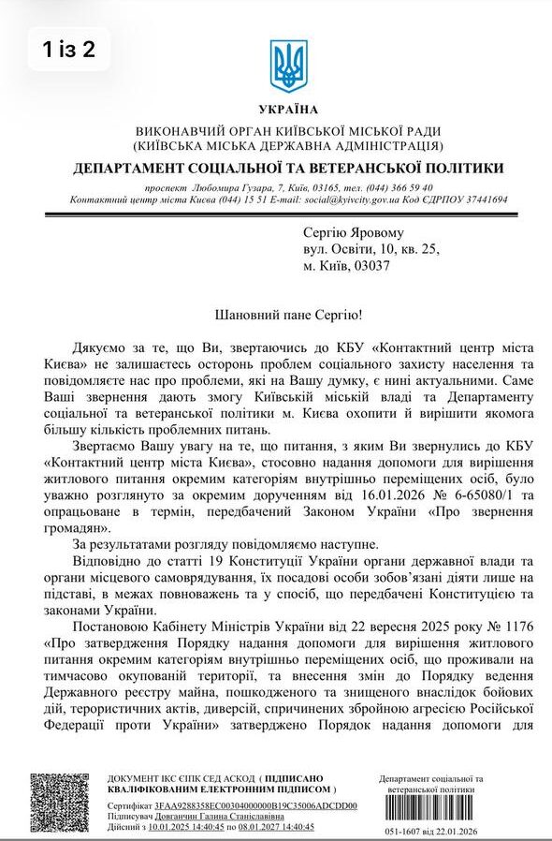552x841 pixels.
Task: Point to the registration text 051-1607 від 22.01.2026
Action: (x=432, y=832)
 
